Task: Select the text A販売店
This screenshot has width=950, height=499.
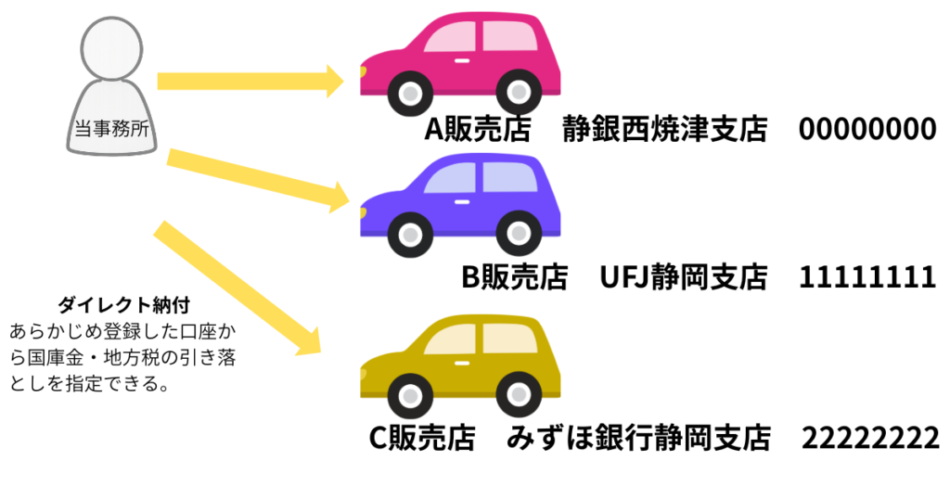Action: pos(477,131)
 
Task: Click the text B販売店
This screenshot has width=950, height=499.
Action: pos(514,276)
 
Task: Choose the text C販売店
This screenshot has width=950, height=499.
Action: pos(423,437)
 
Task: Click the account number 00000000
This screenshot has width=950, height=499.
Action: pos(867,131)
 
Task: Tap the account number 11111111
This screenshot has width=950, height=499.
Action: pos(867,276)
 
